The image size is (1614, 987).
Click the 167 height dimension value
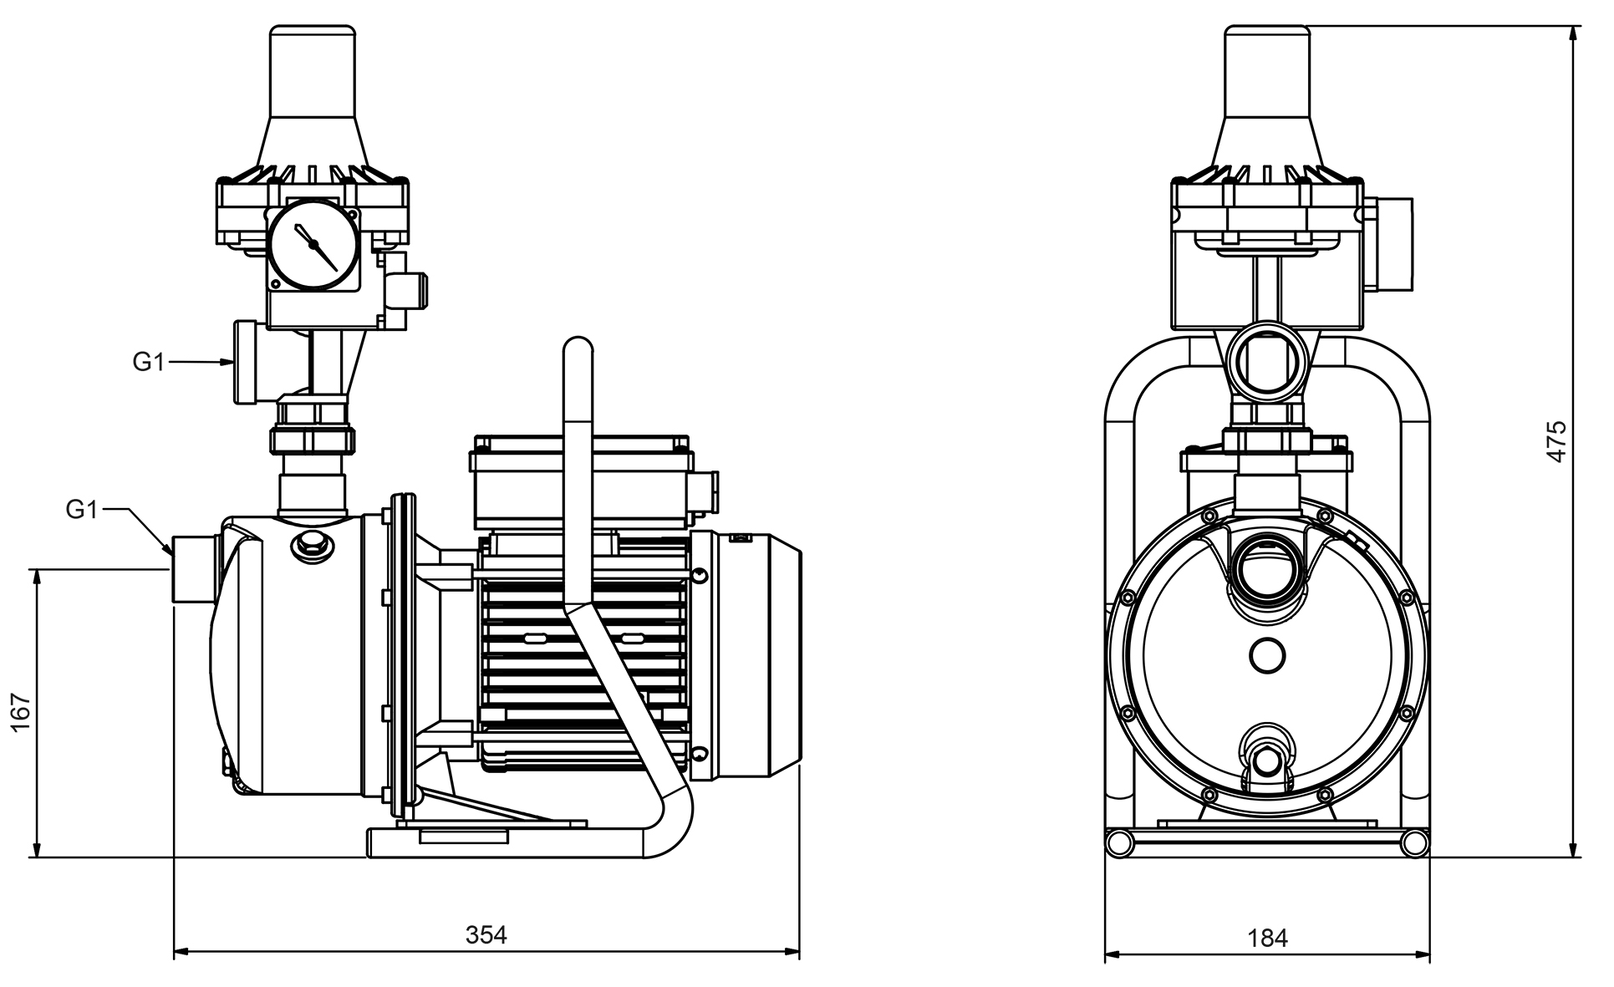click(x=22, y=712)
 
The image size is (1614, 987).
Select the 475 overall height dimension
click(x=1556, y=442)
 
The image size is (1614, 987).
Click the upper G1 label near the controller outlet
click(x=148, y=362)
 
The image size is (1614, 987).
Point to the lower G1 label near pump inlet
click(x=82, y=509)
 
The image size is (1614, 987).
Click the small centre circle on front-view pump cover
click(x=1267, y=654)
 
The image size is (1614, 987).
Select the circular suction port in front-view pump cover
click(x=1266, y=572)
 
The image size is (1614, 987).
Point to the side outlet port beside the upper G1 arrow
click(x=245, y=362)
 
